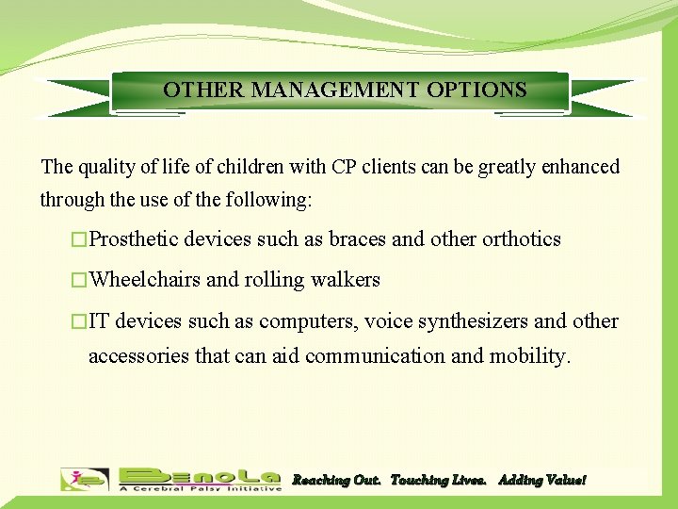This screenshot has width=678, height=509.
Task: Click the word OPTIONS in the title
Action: [476, 90]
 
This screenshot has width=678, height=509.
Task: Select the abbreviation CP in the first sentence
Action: [343, 168]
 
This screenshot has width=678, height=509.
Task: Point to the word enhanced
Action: [574, 168]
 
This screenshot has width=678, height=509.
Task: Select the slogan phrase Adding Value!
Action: [541, 481]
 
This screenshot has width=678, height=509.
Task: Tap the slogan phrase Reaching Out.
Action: [336, 481]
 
